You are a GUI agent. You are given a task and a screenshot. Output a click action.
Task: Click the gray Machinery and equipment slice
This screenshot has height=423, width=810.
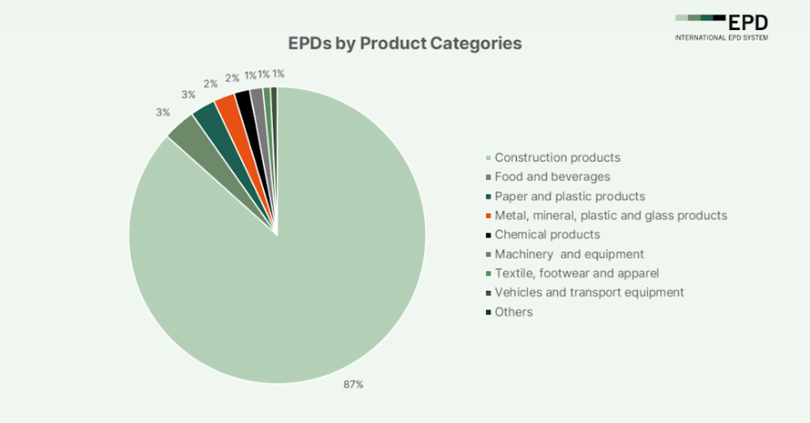tap(258, 98)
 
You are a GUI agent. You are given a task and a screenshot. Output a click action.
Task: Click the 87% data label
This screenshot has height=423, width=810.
tap(353, 384)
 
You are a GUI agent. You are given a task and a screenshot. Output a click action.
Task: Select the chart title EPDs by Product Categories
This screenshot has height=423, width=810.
tap(405, 43)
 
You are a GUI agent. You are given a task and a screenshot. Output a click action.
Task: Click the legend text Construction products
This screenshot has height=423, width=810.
tap(557, 157)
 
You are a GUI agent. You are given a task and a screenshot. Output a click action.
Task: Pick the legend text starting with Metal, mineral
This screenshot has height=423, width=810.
tap(611, 216)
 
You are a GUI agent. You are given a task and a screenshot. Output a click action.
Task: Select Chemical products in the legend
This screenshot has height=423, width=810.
tap(548, 234)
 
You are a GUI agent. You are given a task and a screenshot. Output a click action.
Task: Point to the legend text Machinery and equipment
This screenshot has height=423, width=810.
tap(569, 254)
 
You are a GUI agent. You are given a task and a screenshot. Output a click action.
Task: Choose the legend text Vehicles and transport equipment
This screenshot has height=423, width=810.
tap(589, 293)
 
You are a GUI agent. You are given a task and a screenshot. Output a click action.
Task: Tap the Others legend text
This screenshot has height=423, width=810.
tap(514, 312)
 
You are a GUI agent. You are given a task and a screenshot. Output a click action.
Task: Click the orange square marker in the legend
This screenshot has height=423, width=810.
tap(488, 216)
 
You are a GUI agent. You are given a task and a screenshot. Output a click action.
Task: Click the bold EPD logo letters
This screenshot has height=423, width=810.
tap(748, 22)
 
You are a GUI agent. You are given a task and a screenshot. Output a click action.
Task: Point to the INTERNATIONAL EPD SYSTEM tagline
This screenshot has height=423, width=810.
tap(722, 37)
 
